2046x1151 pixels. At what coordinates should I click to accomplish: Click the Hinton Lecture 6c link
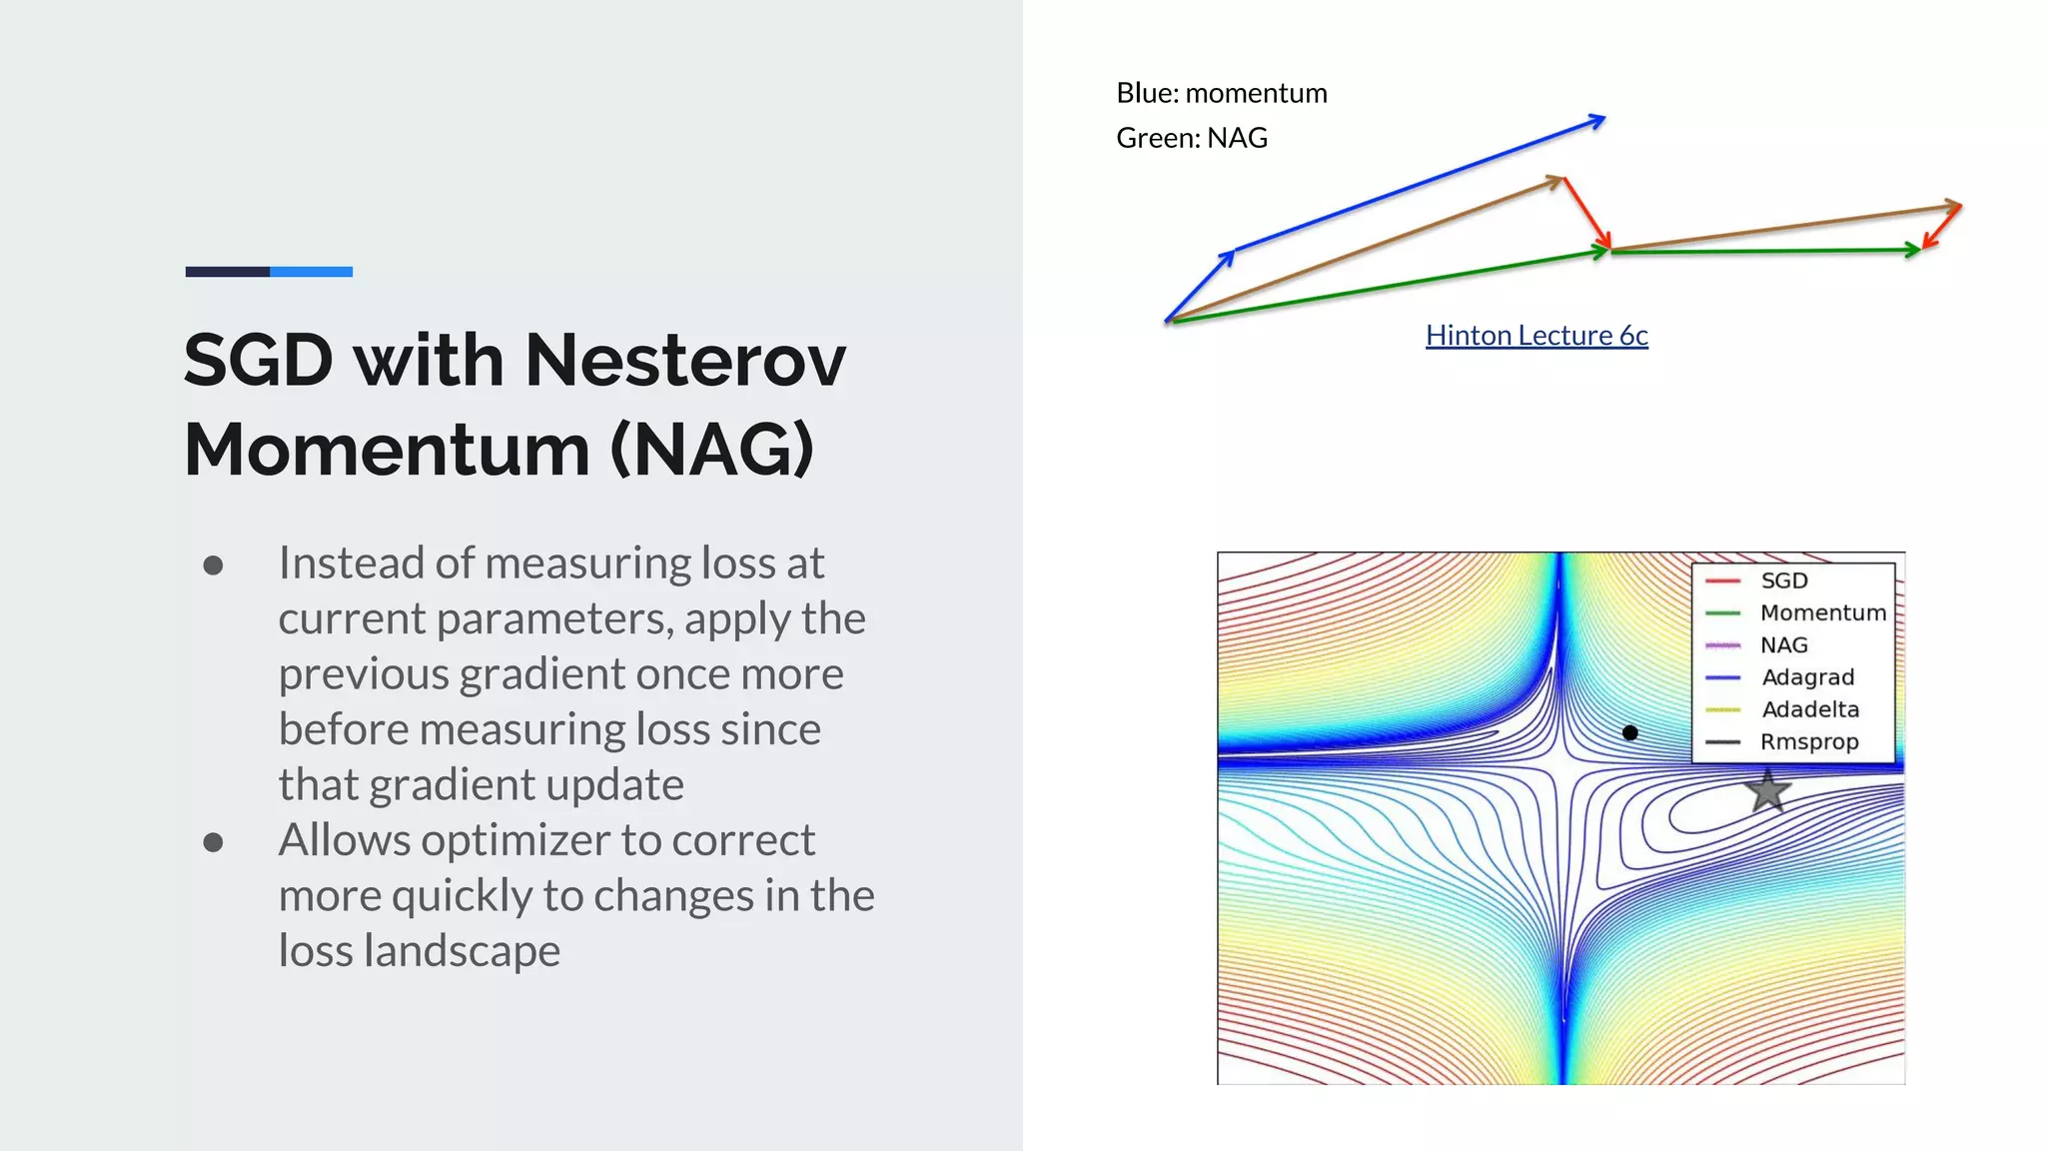point(1535,336)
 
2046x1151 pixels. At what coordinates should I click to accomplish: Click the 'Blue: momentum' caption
point(1221,93)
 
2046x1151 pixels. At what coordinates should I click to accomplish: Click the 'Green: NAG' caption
point(1191,138)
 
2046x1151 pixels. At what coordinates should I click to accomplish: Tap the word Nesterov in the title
point(685,360)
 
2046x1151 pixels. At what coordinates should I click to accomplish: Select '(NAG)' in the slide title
point(711,450)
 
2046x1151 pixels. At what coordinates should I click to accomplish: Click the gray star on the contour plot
point(1767,790)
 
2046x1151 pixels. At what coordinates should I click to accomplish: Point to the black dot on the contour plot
point(1630,732)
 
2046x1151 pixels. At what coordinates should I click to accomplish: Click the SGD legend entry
point(1783,580)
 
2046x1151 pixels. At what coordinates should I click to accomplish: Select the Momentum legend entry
point(1821,612)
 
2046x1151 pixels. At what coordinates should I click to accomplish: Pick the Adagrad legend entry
point(1807,677)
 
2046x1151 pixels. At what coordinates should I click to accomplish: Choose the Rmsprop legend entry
point(1808,742)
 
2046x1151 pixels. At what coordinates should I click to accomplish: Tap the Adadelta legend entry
point(1809,709)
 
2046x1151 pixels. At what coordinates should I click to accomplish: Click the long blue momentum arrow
point(1419,185)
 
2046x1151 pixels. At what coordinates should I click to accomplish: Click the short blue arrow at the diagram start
point(1200,286)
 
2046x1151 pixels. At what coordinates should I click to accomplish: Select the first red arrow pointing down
point(1586,212)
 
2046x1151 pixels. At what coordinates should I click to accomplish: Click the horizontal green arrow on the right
point(1763,251)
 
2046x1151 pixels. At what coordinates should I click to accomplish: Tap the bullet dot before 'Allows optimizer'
point(213,842)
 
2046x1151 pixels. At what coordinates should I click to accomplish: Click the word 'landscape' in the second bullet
point(462,950)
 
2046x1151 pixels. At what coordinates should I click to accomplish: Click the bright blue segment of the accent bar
point(311,272)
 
